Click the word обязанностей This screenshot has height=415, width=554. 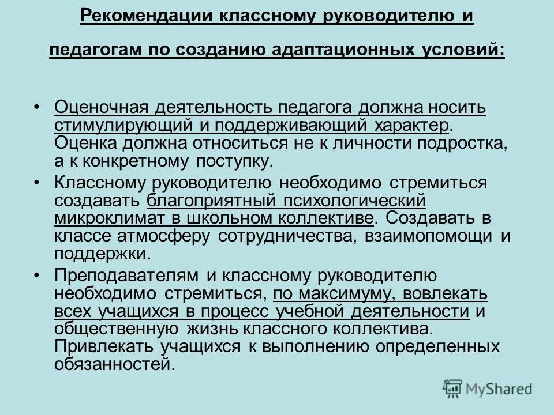point(114,365)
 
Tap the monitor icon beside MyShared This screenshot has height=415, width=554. point(453,388)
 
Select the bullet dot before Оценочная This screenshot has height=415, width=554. point(36,108)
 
